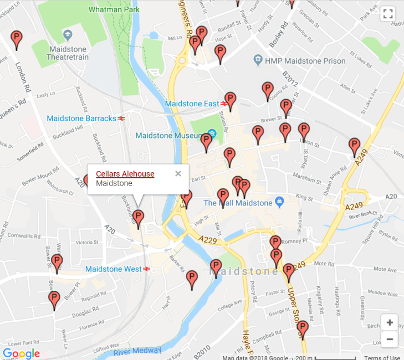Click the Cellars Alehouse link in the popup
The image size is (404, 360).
125,174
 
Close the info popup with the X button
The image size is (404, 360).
178,173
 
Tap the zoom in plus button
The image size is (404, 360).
390,322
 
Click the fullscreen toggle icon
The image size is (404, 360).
388,14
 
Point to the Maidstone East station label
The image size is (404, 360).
192,104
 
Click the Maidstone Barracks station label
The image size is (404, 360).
81,118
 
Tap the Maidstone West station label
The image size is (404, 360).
114,269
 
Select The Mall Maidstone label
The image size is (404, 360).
238,203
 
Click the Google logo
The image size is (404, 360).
21,353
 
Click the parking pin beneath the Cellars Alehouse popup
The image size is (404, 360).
139,218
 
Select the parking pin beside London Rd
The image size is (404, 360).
17,39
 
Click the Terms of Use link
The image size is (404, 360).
382,357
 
